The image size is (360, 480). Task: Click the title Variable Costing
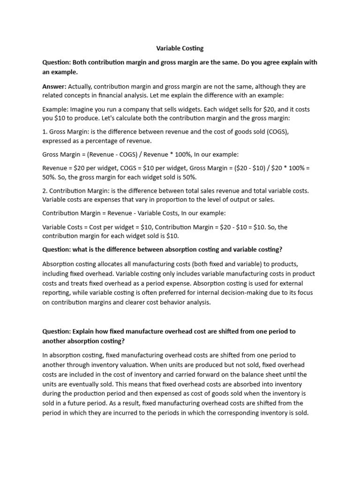(180, 48)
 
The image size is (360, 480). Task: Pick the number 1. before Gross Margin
(45, 132)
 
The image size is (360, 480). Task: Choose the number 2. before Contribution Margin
(45, 191)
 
